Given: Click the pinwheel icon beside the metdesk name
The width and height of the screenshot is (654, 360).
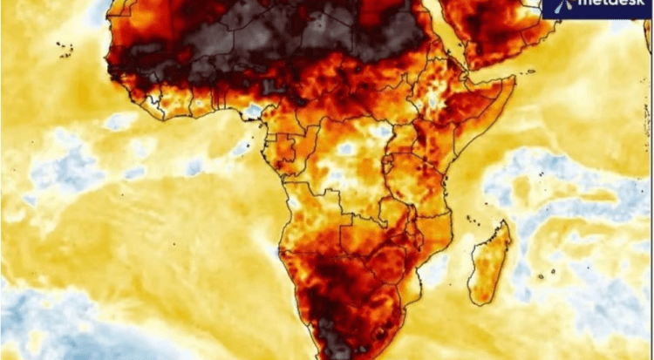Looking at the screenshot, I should click(x=561, y=5).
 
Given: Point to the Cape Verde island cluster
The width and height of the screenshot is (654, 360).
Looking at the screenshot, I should click(x=64, y=49).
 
